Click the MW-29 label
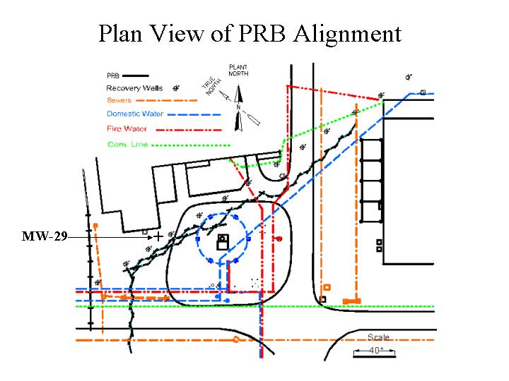(x=44, y=236)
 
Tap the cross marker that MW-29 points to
(x=159, y=235)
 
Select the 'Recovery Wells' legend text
(x=134, y=88)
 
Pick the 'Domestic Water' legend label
(x=135, y=114)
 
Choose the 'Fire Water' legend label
(x=127, y=129)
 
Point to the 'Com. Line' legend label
(x=124, y=145)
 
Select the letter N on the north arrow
(x=240, y=107)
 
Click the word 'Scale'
(x=379, y=337)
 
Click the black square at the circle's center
(x=223, y=243)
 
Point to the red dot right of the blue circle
(x=280, y=239)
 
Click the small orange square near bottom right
(x=327, y=287)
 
